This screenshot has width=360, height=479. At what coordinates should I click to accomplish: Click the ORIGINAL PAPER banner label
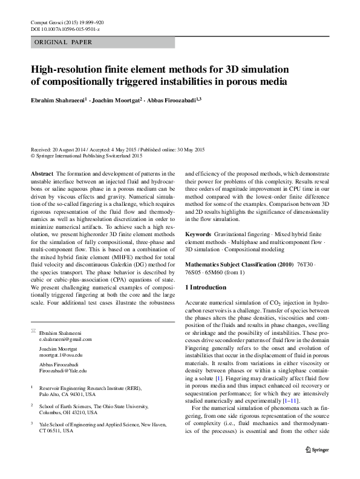[x=64, y=42]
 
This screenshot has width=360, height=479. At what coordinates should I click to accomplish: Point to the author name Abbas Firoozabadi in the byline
[x=172, y=99]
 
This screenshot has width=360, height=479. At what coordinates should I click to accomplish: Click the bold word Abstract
[x=42, y=173]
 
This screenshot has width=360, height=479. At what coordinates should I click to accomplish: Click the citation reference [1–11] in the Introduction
[x=288, y=400]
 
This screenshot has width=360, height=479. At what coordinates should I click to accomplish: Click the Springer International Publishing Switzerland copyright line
[x=89, y=156]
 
